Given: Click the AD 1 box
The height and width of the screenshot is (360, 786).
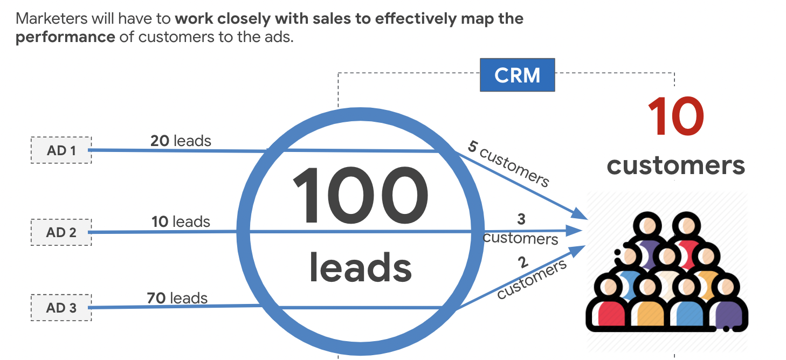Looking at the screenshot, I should click(61, 150).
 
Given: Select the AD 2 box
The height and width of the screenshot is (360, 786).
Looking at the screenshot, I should click(61, 232).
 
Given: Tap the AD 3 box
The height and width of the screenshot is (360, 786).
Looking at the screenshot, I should click(61, 308).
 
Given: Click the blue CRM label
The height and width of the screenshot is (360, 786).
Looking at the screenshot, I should click(517, 75).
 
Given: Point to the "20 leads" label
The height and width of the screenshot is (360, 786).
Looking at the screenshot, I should click(181, 141).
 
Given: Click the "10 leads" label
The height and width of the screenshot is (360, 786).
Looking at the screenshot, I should click(181, 221).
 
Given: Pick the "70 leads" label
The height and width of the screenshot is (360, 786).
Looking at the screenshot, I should click(177, 297).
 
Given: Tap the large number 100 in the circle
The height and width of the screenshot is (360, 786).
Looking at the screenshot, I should click(360, 197).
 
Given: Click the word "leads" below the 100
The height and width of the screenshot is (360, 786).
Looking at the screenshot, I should click(360, 268).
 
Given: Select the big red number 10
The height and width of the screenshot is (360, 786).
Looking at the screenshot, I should click(675, 118).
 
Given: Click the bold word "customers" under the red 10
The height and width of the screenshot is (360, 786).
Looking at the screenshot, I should click(675, 165).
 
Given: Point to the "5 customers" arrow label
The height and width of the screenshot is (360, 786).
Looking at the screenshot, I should click(508, 164).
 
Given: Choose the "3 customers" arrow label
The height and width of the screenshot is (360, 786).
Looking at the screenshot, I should click(520, 229).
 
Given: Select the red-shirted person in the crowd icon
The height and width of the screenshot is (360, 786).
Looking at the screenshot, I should click(609, 310).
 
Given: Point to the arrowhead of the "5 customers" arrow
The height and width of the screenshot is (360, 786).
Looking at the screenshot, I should click(581, 214).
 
